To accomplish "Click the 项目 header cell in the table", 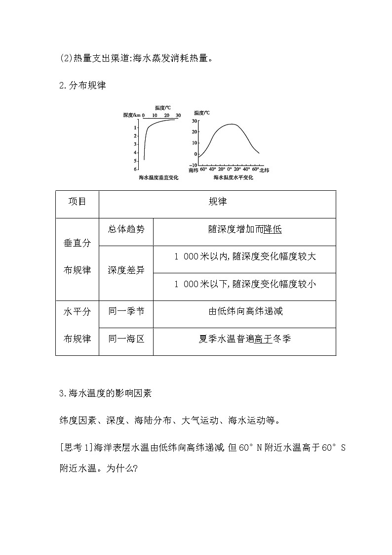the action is pyautogui.click(x=77, y=202).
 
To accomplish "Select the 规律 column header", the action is pyautogui.click(x=217, y=202).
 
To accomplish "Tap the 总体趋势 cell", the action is pyautogui.click(x=126, y=229).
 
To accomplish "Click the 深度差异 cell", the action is pyautogui.click(x=126, y=270).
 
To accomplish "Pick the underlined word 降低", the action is pyautogui.click(x=273, y=229).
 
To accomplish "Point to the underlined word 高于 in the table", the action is pyautogui.click(x=263, y=339).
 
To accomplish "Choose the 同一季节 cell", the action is pyautogui.click(x=126, y=311).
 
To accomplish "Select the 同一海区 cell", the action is pyautogui.click(x=126, y=339).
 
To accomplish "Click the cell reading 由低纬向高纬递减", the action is pyautogui.click(x=245, y=311).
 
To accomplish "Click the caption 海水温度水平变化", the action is pyautogui.click(x=233, y=178).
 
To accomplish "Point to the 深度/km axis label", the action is pyautogui.click(x=132, y=115).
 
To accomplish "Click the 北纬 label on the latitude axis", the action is pyautogui.click(x=265, y=170).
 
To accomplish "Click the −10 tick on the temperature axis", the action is pyautogui.click(x=194, y=165).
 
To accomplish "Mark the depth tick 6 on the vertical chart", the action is pyautogui.click(x=136, y=169).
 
